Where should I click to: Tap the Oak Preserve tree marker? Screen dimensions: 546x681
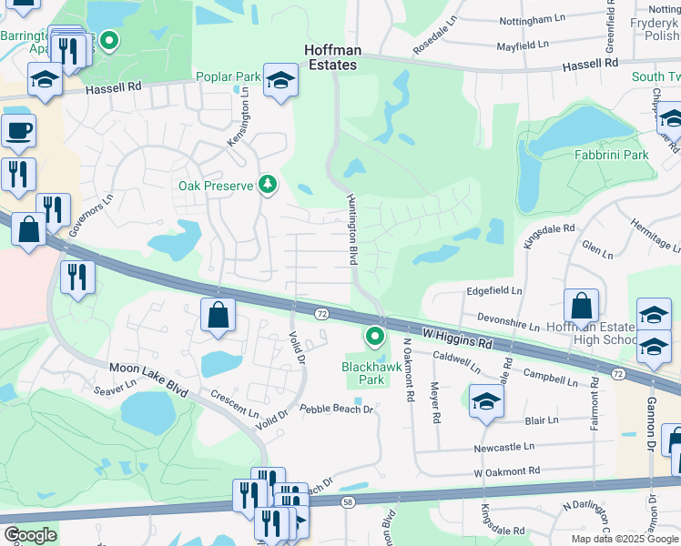tap(268, 186)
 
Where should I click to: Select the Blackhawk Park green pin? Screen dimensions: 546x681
tap(374, 338)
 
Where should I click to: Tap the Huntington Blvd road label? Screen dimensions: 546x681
tap(351, 229)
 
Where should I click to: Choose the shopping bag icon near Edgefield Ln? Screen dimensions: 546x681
tap(581, 307)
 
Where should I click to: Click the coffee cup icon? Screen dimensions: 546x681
tap(18, 130)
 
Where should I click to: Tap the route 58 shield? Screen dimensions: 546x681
tap(348, 501)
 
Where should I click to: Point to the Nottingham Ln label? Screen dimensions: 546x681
tap(541, 19)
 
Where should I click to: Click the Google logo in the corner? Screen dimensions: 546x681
tap(29, 535)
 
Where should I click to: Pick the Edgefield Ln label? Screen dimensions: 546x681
tap(494, 291)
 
